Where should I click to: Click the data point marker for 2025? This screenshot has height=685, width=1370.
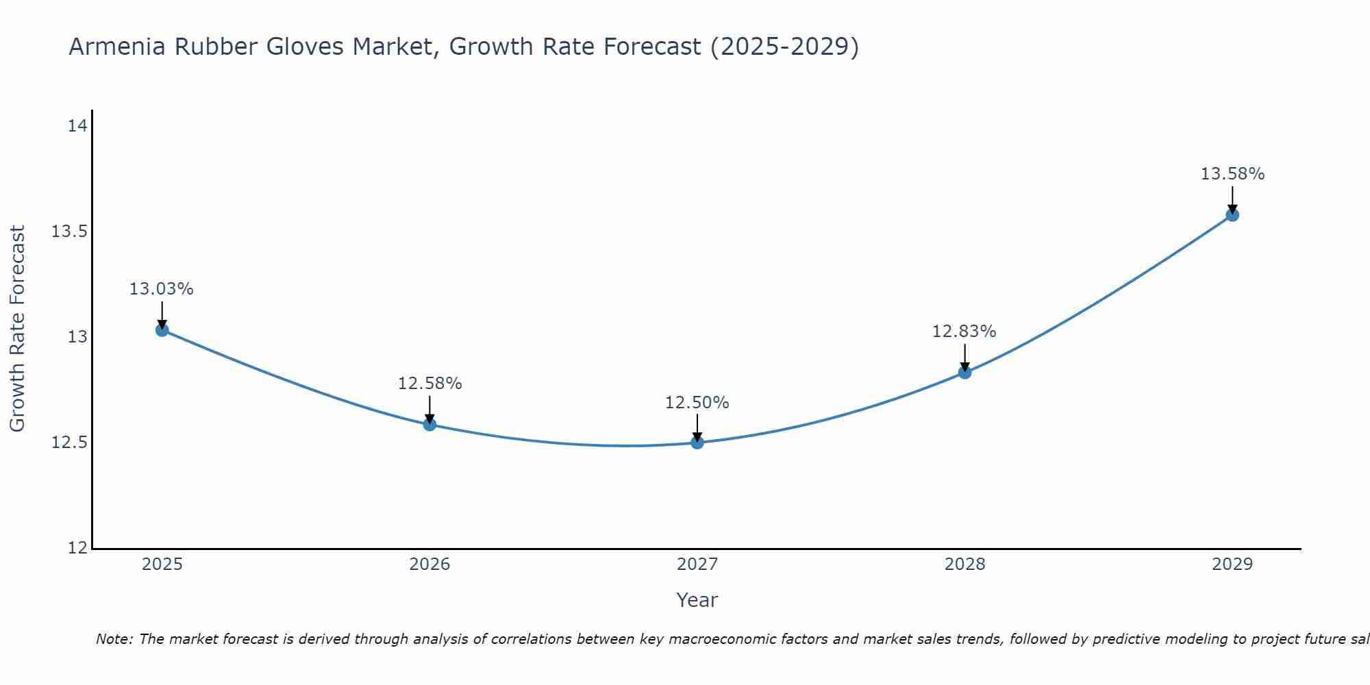click(162, 330)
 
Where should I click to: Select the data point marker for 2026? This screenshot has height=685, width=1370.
click(429, 425)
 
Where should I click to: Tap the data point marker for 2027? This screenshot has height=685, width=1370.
click(697, 443)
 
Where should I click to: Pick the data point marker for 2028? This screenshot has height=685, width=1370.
click(964, 373)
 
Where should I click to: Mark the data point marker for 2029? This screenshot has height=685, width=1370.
click(1232, 215)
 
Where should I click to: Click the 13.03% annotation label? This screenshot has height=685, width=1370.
click(162, 289)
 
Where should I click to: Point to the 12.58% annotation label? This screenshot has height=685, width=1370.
click(429, 384)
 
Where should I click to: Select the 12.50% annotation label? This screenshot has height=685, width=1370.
click(697, 403)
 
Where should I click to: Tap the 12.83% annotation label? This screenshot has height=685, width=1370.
click(964, 332)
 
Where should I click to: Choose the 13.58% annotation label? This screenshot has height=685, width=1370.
click(1232, 174)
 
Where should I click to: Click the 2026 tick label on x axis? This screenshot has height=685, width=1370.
click(429, 564)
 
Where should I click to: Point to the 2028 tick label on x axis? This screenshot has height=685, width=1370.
click(964, 564)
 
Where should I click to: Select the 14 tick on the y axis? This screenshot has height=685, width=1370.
click(77, 126)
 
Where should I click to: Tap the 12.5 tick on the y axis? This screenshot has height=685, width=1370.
click(70, 443)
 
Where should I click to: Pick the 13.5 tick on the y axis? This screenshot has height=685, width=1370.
click(70, 232)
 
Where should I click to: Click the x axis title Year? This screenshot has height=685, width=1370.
click(697, 600)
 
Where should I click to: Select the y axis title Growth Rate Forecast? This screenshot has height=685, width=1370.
click(18, 329)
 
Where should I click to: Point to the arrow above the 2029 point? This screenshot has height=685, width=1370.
click(1232, 199)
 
